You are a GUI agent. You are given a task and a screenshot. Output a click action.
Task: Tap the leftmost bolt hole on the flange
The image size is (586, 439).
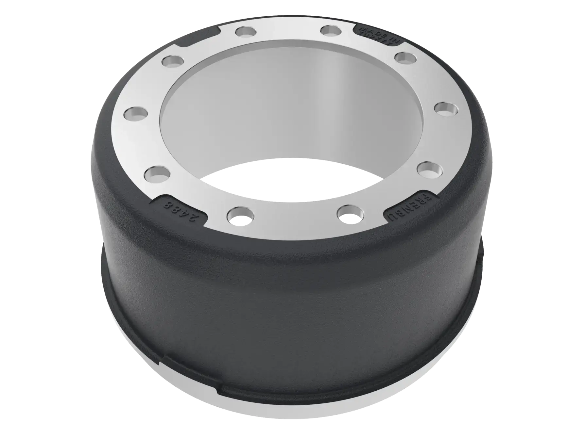tap(136, 114)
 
